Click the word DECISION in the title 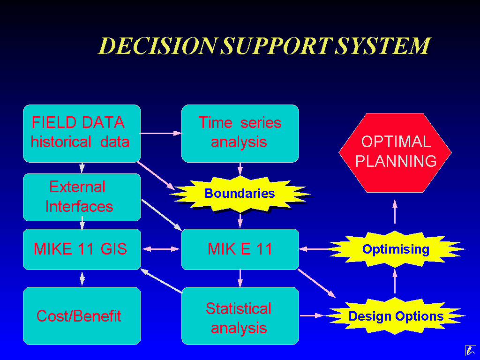click(x=157, y=46)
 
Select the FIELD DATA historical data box click(x=82, y=133)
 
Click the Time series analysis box click(x=240, y=133)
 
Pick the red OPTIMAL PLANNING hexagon click(x=395, y=152)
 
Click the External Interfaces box click(x=82, y=197)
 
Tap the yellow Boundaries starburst click(x=240, y=194)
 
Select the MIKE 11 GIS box click(x=82, y=249)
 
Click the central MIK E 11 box click(x=240, y=249)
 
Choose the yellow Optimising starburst click(x=396, y=249)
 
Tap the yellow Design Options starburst click(x=396, y=316)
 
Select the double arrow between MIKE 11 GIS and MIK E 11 click(x=161, y=249)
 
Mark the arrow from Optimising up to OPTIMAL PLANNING click(x=395, y=212)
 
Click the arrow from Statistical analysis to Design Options click(x=312, y=316)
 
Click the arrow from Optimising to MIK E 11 click(x=315, y=249)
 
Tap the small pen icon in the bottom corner click(x=470, y=350)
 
